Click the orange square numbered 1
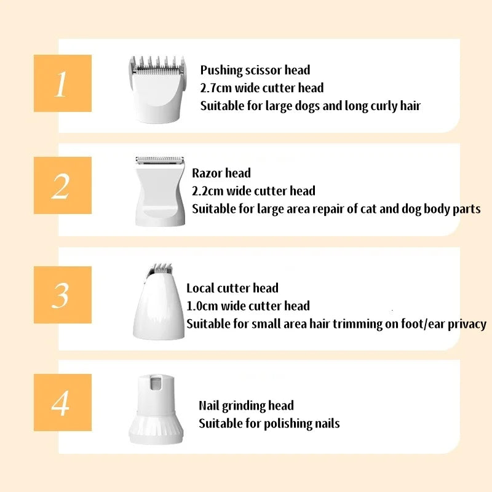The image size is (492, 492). pos(63,83)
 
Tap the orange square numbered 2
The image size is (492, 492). pos(63,186)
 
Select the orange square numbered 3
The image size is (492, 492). pos(63,295)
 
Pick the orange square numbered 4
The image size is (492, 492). pos(63,402)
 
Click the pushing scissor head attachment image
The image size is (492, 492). pos(157,89)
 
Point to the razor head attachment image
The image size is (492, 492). pos(160,191)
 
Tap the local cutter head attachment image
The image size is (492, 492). pos(159,301)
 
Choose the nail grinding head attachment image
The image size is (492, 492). pos(156,409)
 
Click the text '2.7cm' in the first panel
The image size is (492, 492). pos(216,88)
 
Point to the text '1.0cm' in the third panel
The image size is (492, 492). pos(202,306)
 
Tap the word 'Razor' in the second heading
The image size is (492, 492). pos(207,173)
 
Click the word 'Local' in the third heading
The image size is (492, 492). pos(200,288)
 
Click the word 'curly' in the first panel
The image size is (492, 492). pos(384,106)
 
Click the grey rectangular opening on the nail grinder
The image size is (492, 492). pos(156,383)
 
